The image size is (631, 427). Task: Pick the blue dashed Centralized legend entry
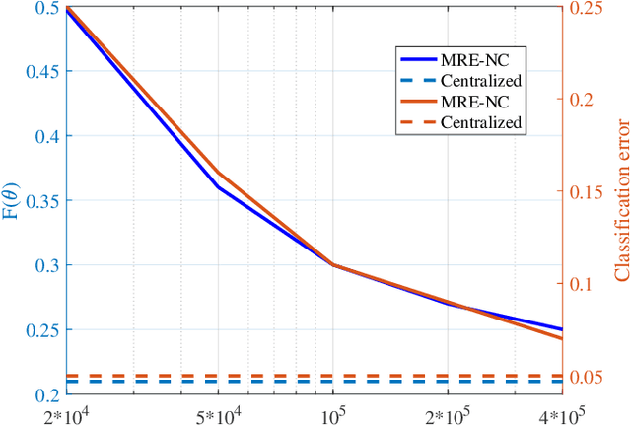(x=456, y=78)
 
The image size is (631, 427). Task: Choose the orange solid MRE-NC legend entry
(x=456, y=101)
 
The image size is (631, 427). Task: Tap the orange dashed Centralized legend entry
(x=456, y=122)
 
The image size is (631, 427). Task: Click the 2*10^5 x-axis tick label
(x=447, y=413)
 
